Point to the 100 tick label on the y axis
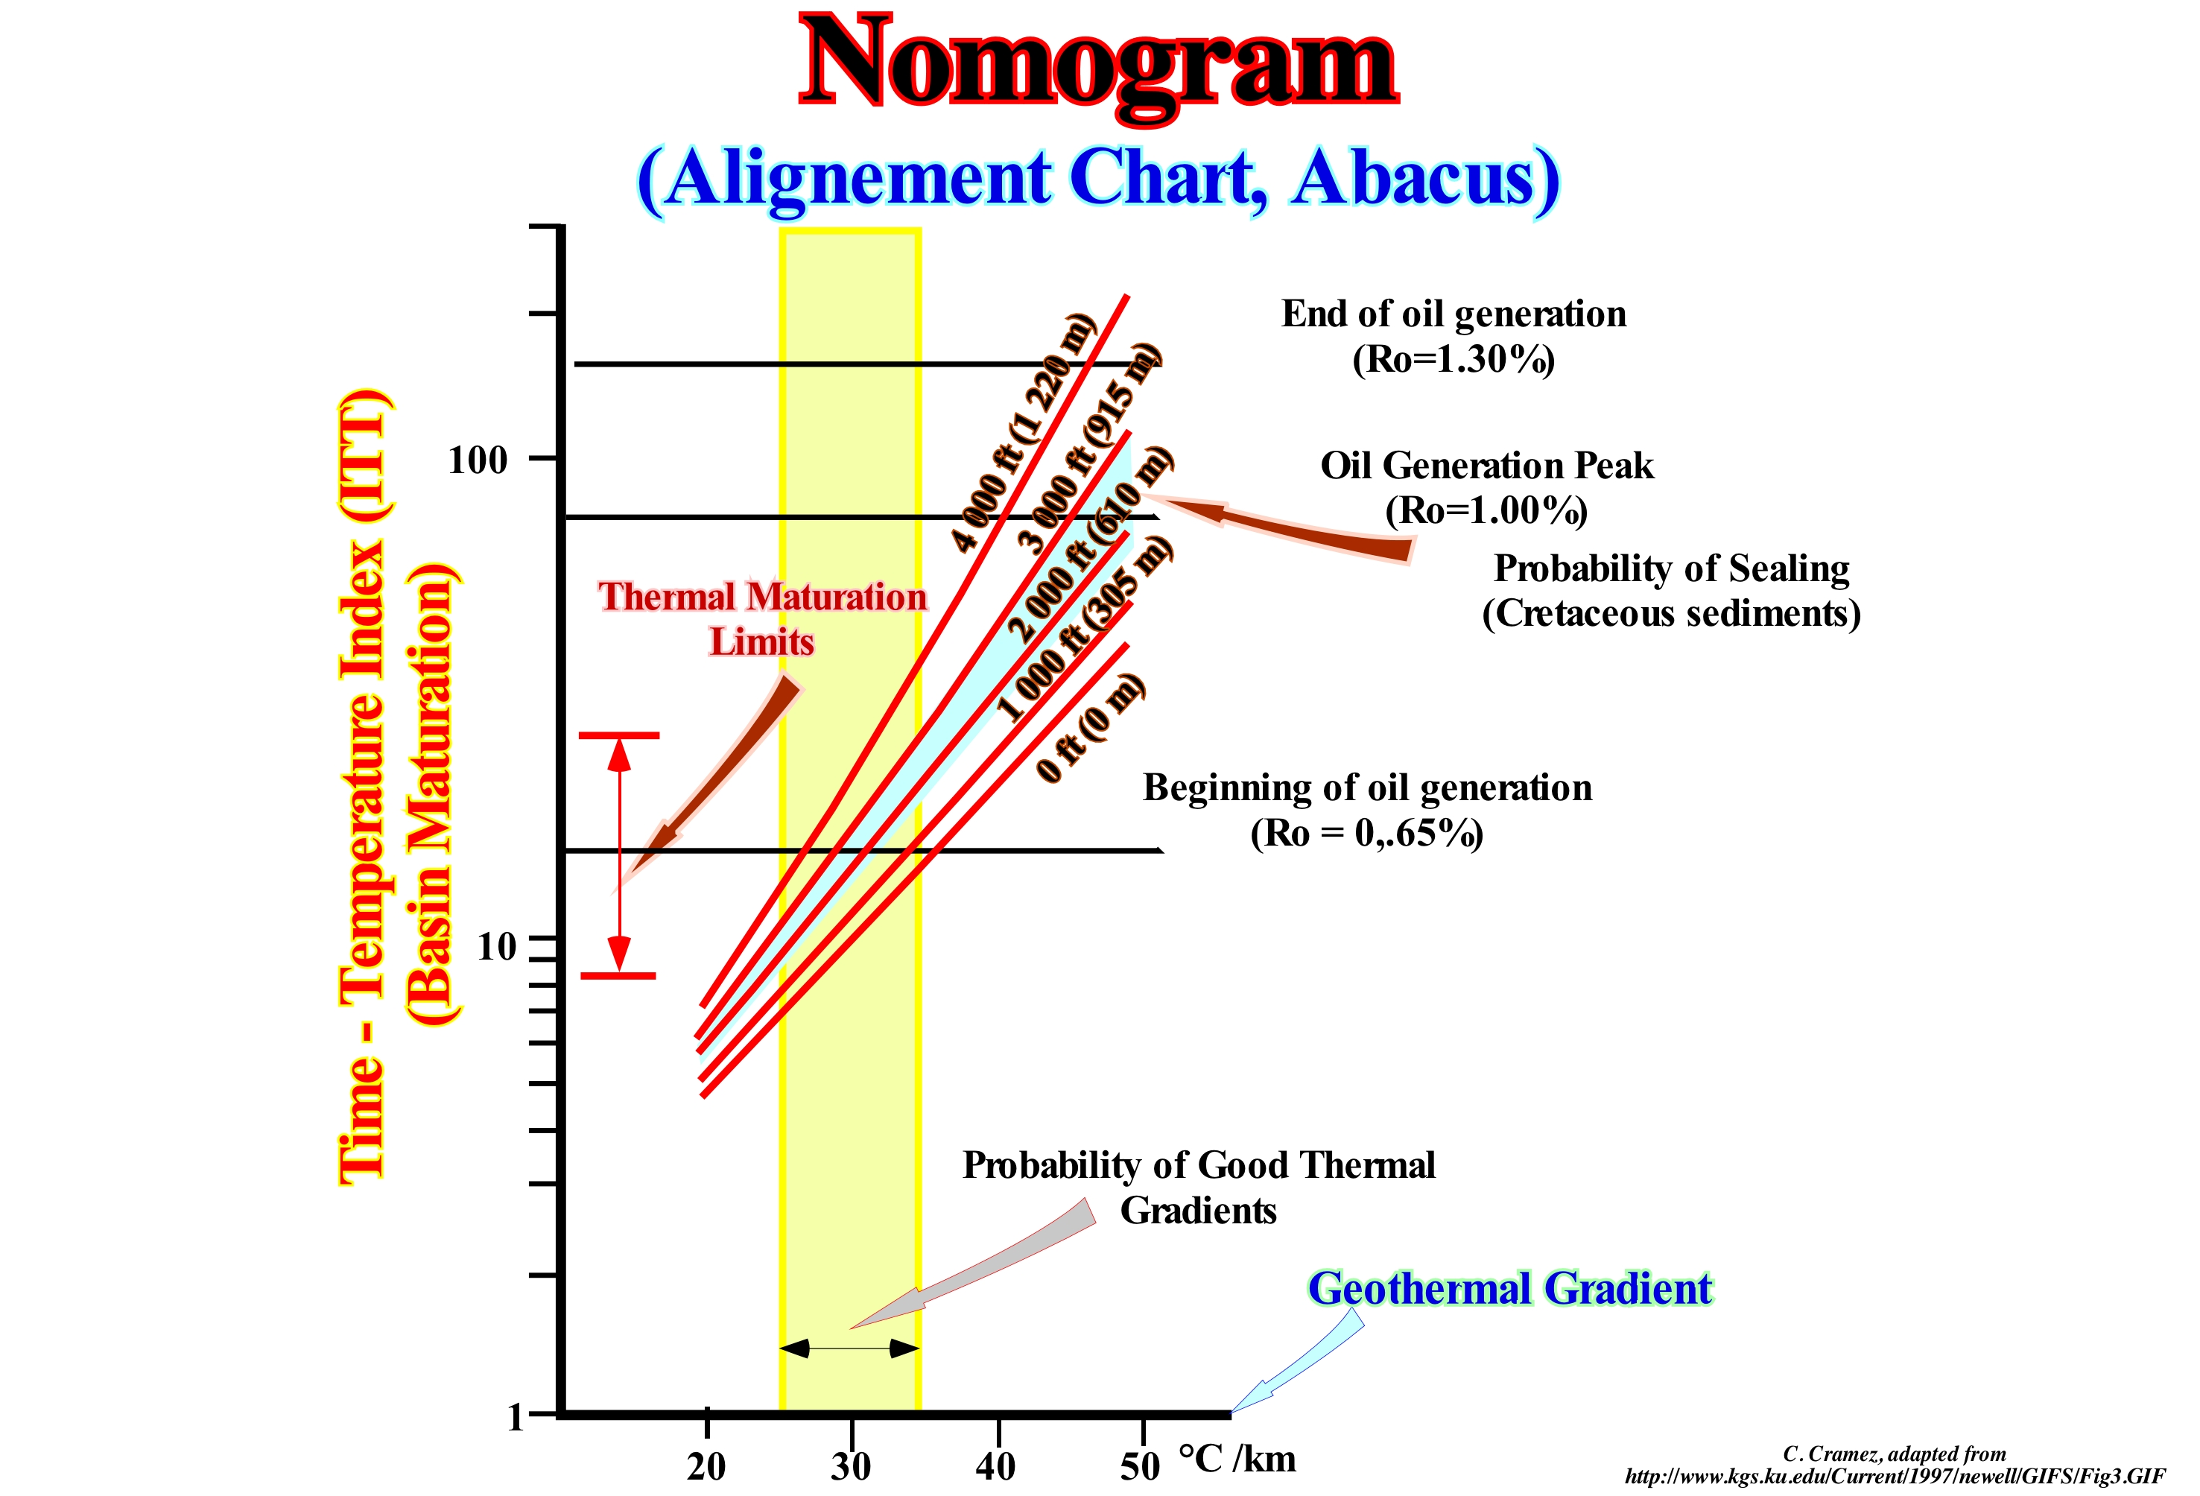pos(478,461)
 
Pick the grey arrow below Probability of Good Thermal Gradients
pos(975,1264)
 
